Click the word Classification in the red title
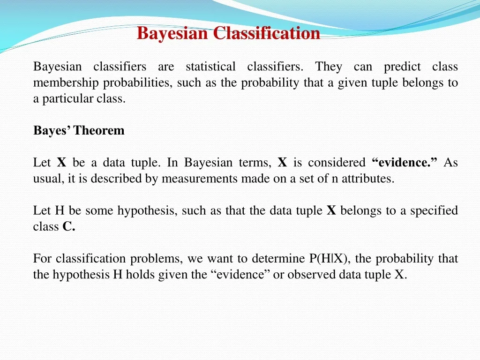(266, 33)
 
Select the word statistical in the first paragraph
(211, 67)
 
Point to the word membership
(66, 83)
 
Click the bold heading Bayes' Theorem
(79, 131)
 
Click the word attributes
(367, 179)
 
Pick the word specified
(434, 210)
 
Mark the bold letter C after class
(68, 227)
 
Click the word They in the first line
(329, 67)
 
